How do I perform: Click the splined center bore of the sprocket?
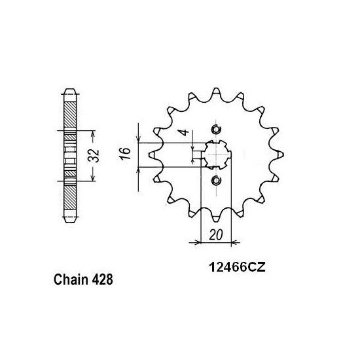(x=217, y=154)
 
